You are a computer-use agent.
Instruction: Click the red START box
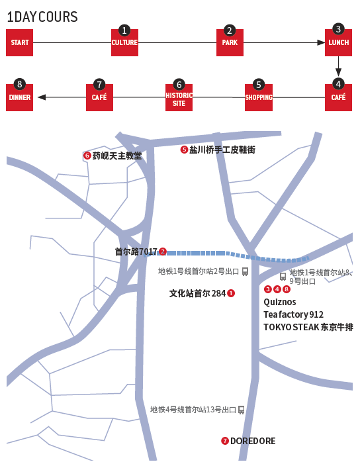pyautogui.click(x=20, y=42)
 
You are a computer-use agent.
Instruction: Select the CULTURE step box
pyautogui.click(x=124, y=42)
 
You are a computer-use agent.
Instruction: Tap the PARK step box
pyautogui.click(x=230, y=42)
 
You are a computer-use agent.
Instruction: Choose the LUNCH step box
pyautogui.click(x=338, y=42)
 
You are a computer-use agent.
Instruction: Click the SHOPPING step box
pyautogui.click(x=259, y=98)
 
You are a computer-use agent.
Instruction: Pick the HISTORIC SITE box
pyautogui.click(x=179, y=98)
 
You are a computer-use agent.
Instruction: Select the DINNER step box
pyautogui.click(x=20, y=98)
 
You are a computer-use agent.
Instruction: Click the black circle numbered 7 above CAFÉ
pyautogui.click(x=99, y=84)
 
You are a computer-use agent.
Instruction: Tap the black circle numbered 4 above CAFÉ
pyautogui.click(x=338, y=84)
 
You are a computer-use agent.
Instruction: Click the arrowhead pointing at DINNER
pyautogui.click(x=42, y=97)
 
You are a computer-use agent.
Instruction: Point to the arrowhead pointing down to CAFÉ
pyautogui.click(x=338, y=72)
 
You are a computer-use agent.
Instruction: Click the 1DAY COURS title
pyautogui.click(x=42, y=17)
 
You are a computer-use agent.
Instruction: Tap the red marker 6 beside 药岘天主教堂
pyautogui.click(x=87, y=156)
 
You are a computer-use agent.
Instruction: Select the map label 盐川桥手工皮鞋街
pyautogui.click(x=222, y=150)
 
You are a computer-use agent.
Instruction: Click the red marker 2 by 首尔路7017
pyautogui.click(x=162, y=252)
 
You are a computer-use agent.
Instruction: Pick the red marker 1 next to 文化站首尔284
pyautogui.click(x=231, y=293)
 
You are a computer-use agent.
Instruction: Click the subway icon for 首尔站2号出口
pyautogui.click(x=245, y=271)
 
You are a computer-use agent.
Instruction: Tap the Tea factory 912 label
pyautogui.click(x=293, y=314)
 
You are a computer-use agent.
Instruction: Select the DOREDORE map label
pyautogui.click(x=253, y=441)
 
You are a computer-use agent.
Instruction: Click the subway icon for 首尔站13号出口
pyautogui.click(x=241, y=410)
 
